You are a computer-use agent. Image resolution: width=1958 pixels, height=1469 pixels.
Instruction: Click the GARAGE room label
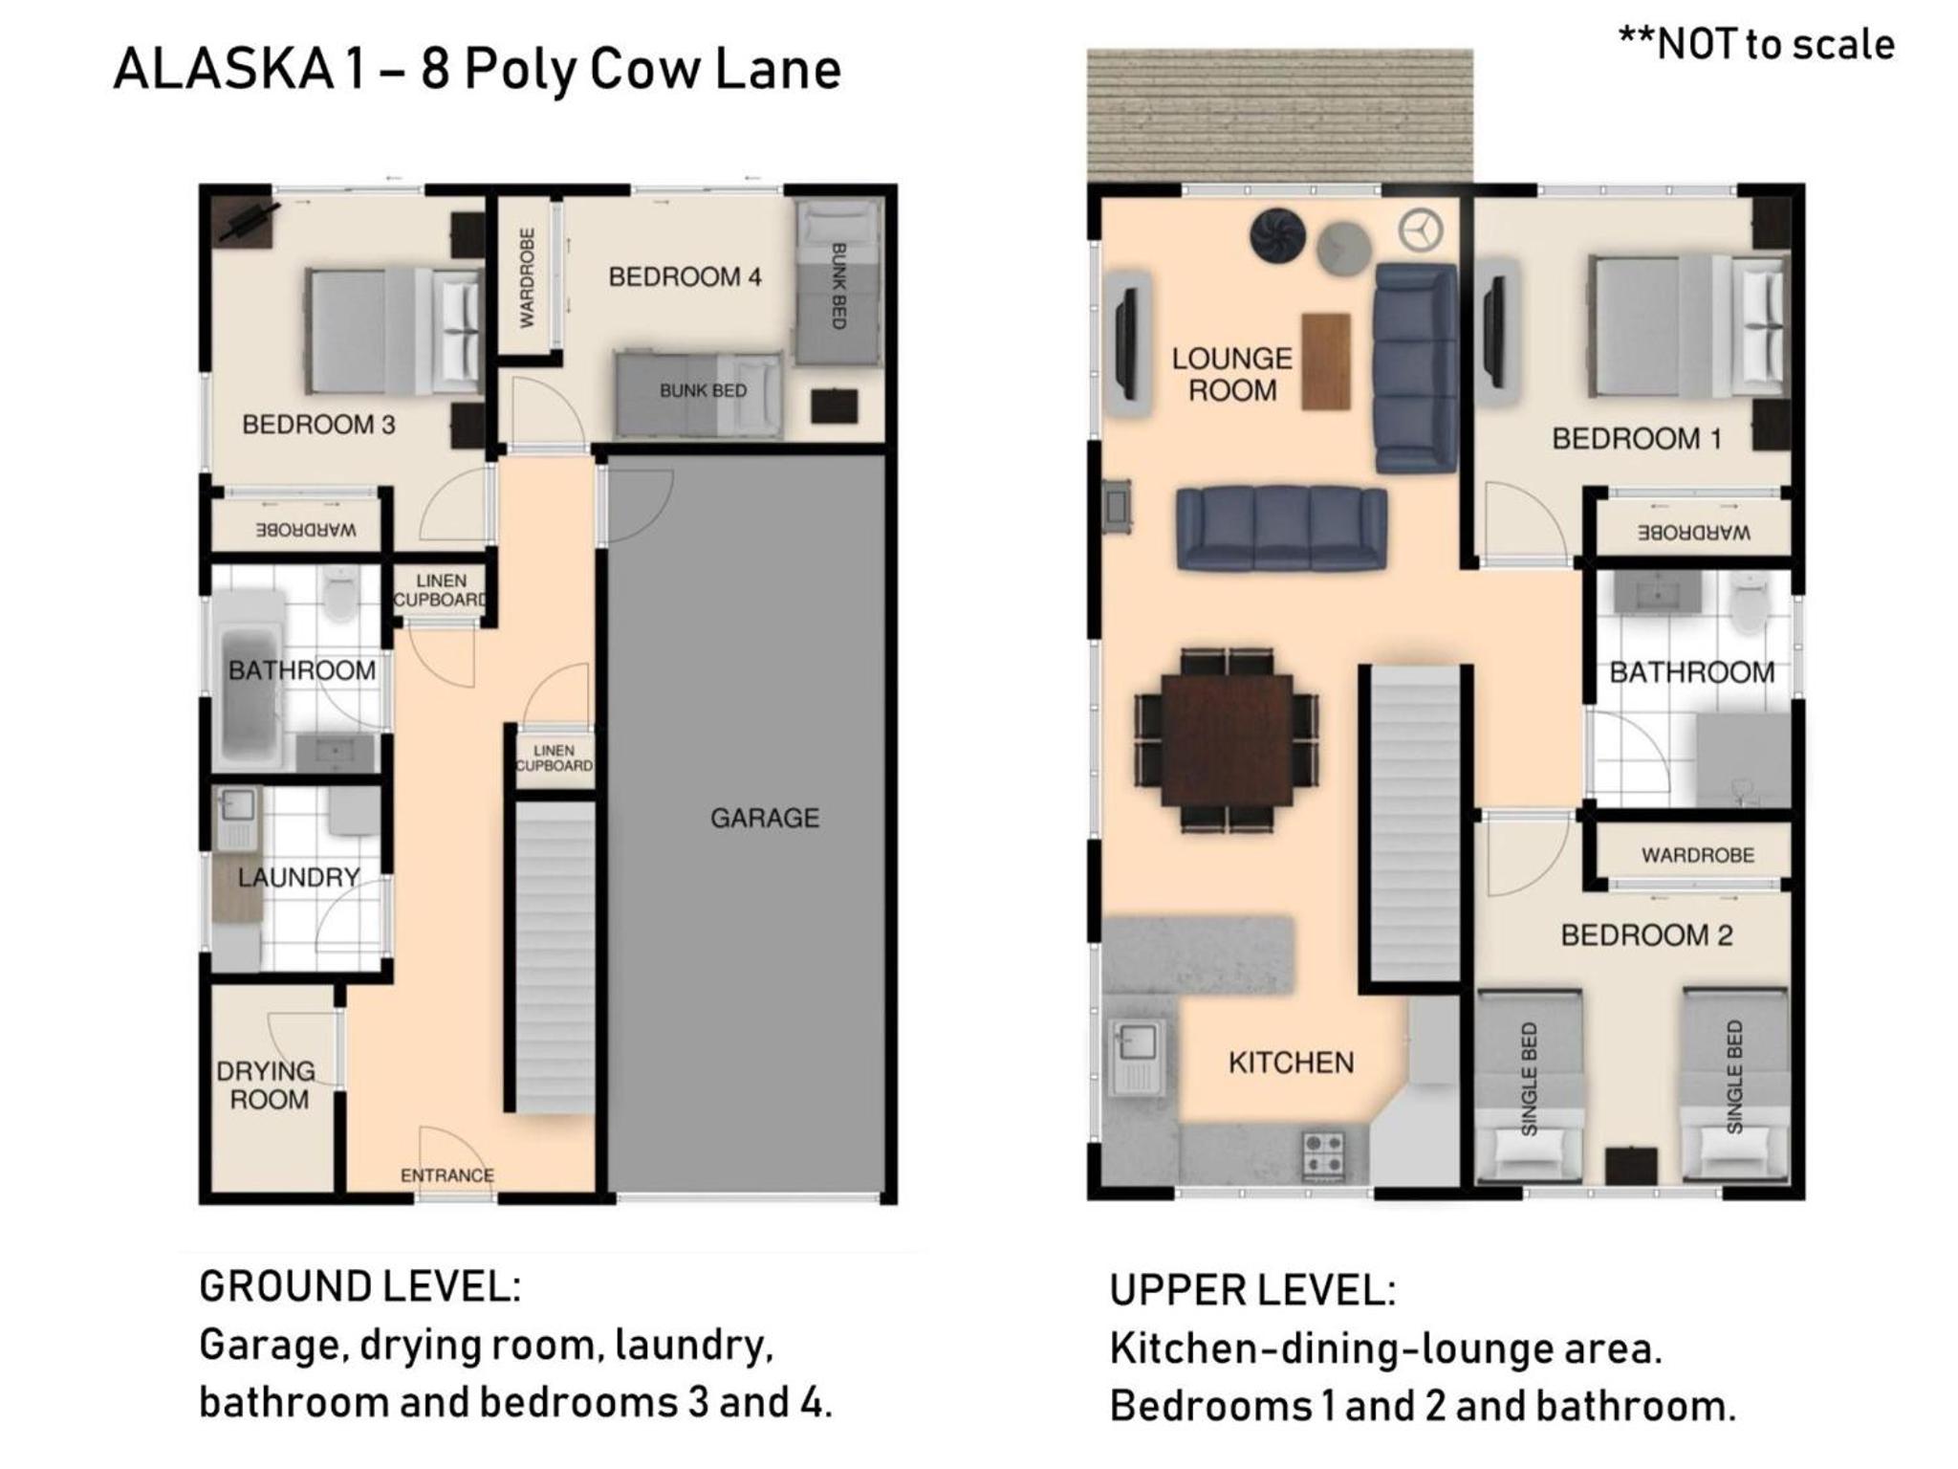click(x=764, y=818)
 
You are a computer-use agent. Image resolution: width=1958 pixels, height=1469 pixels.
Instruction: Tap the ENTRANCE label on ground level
click(x=446, y=1175)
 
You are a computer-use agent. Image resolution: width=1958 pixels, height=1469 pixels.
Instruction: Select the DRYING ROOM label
click(x=267, y=1085)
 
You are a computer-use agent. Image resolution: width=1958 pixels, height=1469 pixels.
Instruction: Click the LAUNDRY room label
click(x=298, y=877)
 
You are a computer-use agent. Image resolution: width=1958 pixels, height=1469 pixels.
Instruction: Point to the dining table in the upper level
click(x=1228, y=739)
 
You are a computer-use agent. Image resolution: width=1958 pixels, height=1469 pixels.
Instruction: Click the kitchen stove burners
click(x=1323, y=1153)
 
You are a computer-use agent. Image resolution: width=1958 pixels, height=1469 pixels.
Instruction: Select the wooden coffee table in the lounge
click(x=1326, y=362)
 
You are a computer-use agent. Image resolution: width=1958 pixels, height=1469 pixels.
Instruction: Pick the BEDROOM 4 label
click(x=685, y=277)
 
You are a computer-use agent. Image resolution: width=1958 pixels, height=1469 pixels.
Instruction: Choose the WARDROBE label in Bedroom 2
click(x=1697, y=855)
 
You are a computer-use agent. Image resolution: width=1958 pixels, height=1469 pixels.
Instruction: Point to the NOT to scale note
click(x=1756, y=44)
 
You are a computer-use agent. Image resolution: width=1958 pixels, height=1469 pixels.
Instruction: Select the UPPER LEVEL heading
click(x=1252, y=1290)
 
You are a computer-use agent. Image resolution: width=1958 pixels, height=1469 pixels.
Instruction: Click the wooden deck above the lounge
click(x=1279, y=115)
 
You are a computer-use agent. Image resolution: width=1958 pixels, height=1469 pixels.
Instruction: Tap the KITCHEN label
click(x=1291, y=1063)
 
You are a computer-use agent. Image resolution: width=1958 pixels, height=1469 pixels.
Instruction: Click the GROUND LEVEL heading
click(x=359, y=1286)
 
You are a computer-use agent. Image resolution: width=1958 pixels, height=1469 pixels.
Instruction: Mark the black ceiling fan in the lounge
click(x=1277, y=234)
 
